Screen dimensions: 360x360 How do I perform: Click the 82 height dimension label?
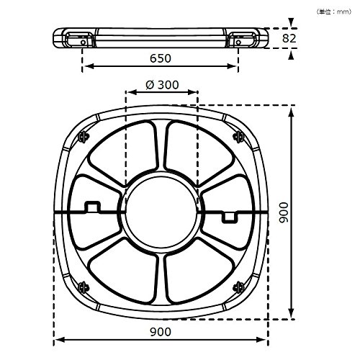pyautogui.click(x=289, y=38)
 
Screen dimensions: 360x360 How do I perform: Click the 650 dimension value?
pyautogui.click(x=161, y=58)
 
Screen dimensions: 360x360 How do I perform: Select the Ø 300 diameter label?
pyautogui.click(x=162, y=85)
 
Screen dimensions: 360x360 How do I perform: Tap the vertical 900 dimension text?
pyautogui.click(x=284, y=212)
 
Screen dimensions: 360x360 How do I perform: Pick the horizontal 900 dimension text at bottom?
pyautogui.click(x=161, y=332)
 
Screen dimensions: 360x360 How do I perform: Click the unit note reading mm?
pyautogui.click(x=334, y=12)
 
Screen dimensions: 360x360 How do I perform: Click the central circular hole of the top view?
pyautogui.click(x=161, y=212)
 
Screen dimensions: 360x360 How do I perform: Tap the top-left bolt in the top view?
pyautogui.click(x=84, y=137)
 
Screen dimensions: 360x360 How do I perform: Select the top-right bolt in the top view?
pyautogui.click(x=238, y=137)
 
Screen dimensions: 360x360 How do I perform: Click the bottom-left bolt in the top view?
pyautogui.click(x=84, y=287)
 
